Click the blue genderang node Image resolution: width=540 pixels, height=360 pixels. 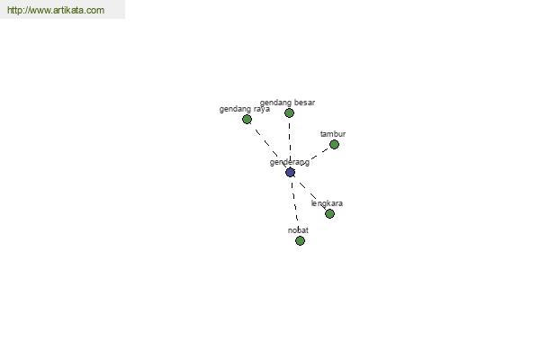point(290,172)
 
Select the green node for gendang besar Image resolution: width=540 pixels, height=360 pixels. point(289,113)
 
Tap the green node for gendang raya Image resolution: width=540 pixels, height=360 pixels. point(247,120)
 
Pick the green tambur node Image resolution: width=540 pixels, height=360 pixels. point(334,144)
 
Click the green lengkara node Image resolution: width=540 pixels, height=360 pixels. point(329,213)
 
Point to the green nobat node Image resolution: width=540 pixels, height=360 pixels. point(300,240)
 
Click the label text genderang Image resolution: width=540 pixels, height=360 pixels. point(290,162)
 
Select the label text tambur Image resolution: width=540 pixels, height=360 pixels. point(333,134)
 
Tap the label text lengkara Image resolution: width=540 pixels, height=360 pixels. point(327,203)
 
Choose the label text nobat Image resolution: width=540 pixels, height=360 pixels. point(298,230)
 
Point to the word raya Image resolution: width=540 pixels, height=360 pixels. point(262,110)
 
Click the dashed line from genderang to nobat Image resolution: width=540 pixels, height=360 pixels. point(294,202)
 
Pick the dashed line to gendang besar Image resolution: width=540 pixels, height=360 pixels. point(290,140)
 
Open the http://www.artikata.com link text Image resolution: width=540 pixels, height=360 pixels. point(56,10)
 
